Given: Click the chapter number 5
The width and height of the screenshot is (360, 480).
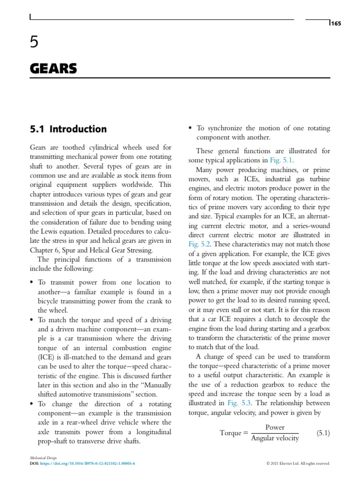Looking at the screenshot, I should coord(34,44).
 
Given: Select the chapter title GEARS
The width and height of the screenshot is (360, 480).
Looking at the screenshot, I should coord(53,69).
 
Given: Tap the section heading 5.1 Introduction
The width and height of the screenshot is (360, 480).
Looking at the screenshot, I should coord(68,129).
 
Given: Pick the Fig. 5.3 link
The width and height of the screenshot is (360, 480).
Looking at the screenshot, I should coord(240,403).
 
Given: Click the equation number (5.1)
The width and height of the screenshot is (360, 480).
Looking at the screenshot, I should coord(320,433).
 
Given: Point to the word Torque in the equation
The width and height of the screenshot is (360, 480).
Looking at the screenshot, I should coord(230,433).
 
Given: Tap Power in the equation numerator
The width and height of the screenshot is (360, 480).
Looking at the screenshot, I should coord(275,427).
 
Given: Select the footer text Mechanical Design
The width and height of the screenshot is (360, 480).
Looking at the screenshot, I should coord(42,457).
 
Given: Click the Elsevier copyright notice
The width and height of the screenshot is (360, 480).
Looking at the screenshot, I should coord(298,463).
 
